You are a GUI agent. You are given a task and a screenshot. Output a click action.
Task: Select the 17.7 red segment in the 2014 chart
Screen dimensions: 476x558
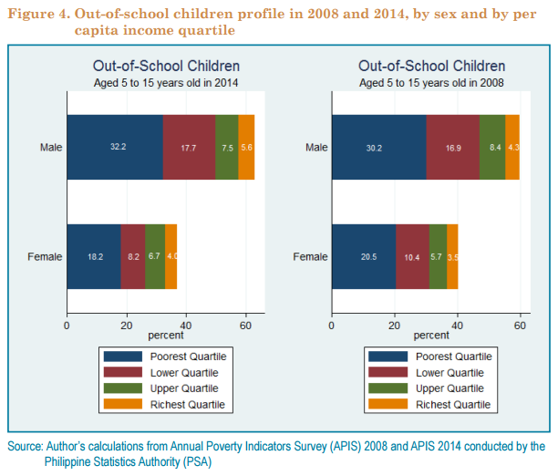tap(189, 148)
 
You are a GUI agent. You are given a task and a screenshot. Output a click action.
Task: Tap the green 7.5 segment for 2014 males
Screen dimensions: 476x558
tap(227, 148)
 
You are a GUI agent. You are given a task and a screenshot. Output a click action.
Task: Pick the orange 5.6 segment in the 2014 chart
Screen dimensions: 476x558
tap(246, 148)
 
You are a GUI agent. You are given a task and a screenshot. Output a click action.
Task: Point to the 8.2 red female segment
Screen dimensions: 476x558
tap(133, 256)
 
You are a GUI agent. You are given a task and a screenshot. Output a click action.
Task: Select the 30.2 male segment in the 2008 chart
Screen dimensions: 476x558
tap(378, 148)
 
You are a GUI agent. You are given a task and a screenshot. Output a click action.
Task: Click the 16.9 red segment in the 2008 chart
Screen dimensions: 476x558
tap(452, 148)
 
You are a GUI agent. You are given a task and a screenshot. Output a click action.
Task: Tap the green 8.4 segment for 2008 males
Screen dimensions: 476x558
tap(492, 148)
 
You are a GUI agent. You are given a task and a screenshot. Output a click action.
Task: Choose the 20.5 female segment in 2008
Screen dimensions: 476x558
tap(363, 256)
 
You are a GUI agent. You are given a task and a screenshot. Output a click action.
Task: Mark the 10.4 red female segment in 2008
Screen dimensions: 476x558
tap(412, 256)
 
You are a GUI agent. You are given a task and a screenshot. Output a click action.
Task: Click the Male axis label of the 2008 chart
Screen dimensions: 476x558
tap(316, 148)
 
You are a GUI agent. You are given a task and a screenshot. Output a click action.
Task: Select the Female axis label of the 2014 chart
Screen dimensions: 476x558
tap(45, 256)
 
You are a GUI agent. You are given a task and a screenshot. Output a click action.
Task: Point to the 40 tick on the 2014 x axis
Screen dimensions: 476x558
tap(186, 324)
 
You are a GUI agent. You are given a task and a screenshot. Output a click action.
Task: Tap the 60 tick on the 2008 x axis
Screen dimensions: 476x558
tap(519, 324)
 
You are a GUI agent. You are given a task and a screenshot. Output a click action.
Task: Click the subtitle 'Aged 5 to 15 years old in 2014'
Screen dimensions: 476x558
tap(166, 82)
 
